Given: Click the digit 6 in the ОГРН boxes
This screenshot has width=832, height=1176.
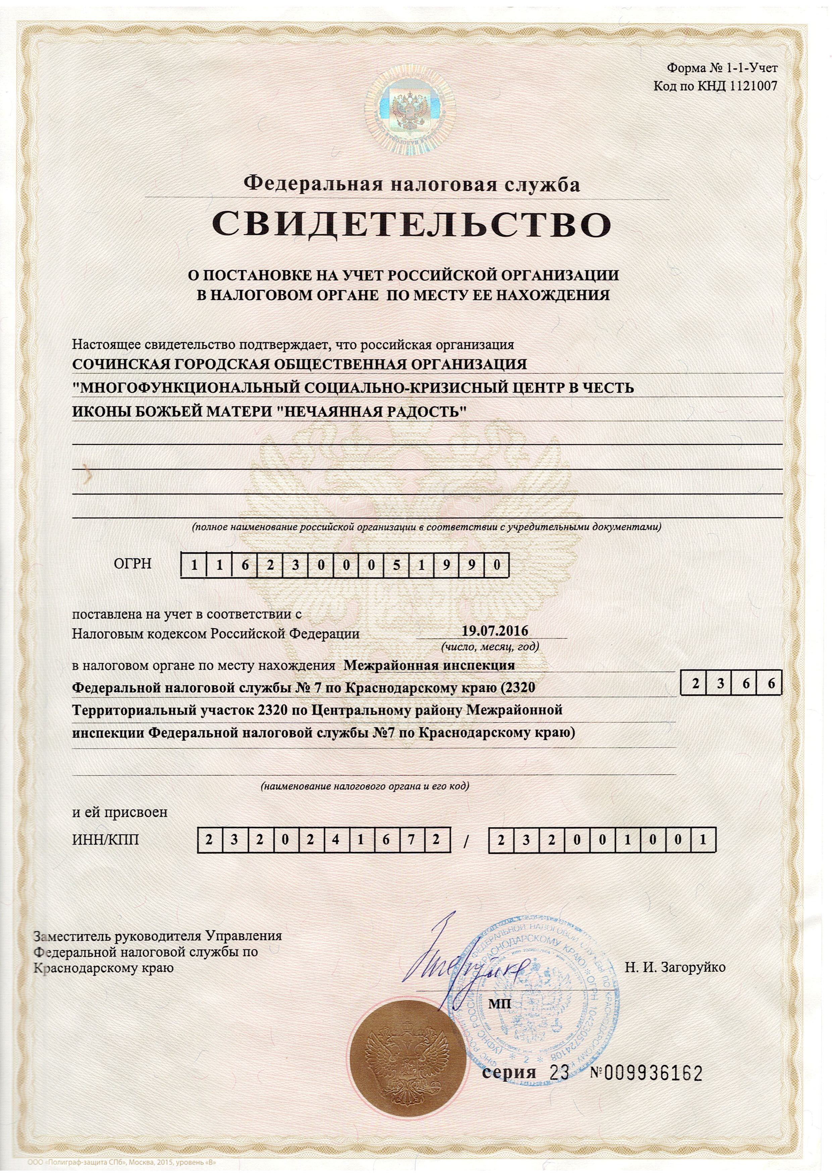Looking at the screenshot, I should (245, 566).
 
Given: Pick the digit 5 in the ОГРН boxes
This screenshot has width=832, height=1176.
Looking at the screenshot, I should (397, 566).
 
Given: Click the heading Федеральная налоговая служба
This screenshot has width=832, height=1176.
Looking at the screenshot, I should (412, 184).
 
